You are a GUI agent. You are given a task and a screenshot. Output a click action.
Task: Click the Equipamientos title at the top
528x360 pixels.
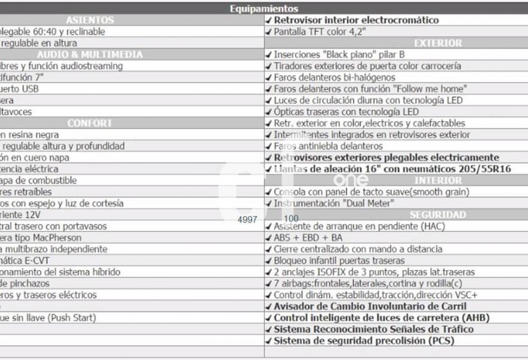263,8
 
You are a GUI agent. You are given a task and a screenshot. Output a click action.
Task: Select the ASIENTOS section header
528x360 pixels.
90,20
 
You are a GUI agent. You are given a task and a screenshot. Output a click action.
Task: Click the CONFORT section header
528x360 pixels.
90,123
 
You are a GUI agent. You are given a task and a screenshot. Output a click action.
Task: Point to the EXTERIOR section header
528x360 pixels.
438,43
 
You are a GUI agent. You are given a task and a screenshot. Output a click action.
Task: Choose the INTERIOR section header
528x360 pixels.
438,181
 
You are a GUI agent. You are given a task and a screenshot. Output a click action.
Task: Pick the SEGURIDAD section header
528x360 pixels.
438,215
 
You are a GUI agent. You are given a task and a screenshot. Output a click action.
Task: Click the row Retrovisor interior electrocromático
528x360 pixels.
356,20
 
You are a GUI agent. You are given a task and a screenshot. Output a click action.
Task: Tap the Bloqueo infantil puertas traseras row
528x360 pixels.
339,260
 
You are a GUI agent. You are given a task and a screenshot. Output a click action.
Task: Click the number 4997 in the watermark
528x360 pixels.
247,220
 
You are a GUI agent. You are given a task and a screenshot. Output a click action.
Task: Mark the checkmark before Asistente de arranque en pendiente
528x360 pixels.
268,226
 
